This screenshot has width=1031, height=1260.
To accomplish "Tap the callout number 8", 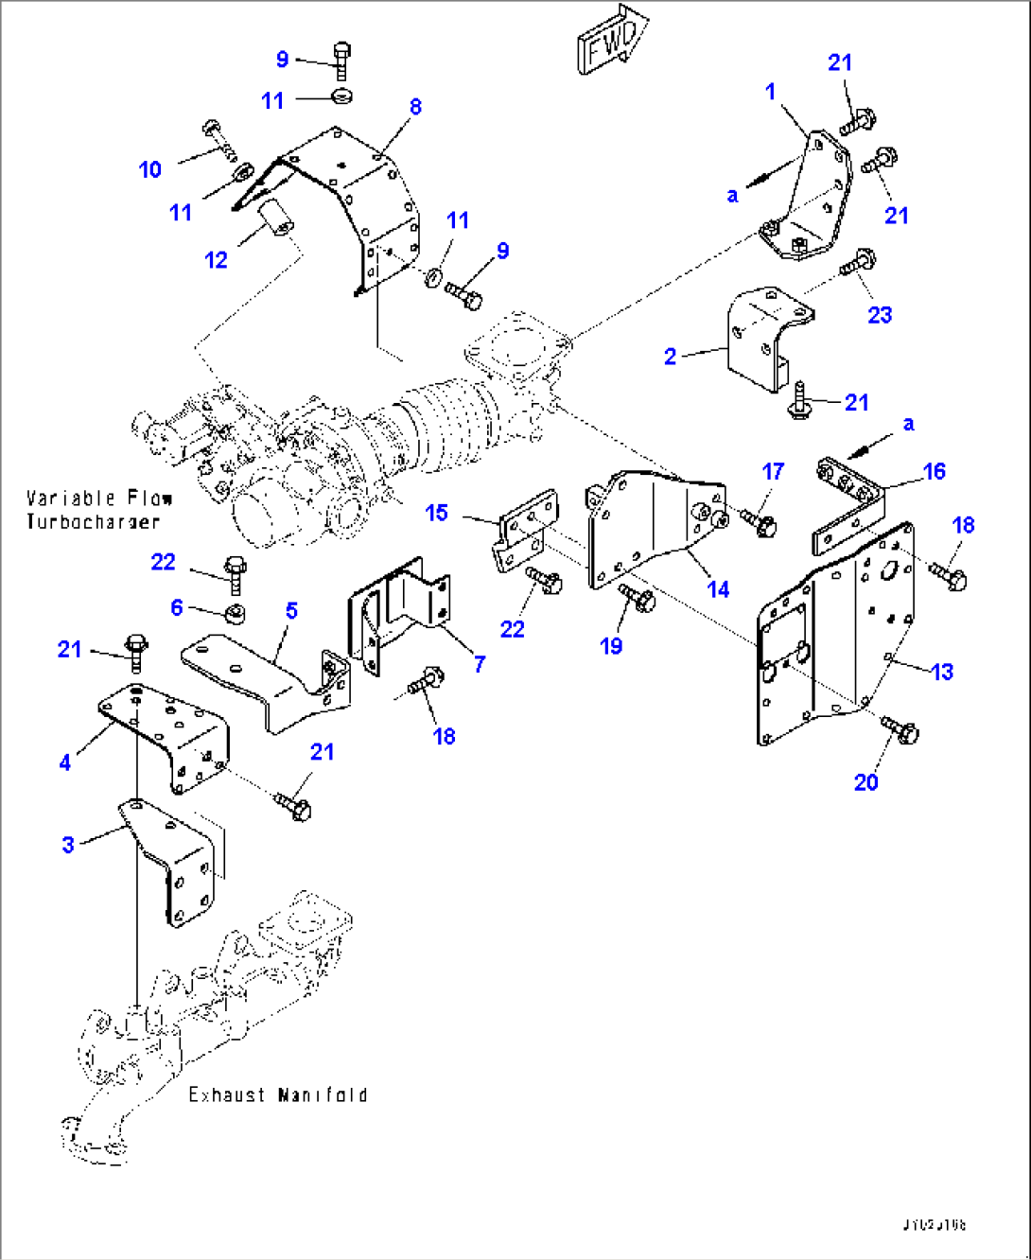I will tap(415, 107).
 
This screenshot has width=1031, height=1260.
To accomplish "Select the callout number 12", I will tap(217, 260).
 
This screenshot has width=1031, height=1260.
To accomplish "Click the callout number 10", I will tap(150, 169).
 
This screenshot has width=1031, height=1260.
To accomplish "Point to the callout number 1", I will tap(770, 92).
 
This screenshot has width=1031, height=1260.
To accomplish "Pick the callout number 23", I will tap(880, 315).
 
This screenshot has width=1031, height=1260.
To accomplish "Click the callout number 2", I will tap(670, 357).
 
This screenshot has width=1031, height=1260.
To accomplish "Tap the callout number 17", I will tap(773, 471).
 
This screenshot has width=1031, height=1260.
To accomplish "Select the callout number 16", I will tap(934, 471).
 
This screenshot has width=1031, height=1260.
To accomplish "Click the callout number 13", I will tap(942, 672).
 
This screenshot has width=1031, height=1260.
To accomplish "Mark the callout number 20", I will tap(865, 782).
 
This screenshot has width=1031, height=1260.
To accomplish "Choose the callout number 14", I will tap(718, 589).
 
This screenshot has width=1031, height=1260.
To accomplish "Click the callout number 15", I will tap(436, 513).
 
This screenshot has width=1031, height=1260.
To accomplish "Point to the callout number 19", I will tap(611, 646).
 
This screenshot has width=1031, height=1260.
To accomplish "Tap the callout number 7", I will tap(480, 664).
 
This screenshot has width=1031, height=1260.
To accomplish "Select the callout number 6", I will tap(177, 607).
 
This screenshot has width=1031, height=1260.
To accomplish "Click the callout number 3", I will tap(68, 844).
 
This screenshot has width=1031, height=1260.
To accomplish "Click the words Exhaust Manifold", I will tap(277, 1094).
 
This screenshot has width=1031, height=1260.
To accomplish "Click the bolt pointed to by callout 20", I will tap(901, 730).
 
